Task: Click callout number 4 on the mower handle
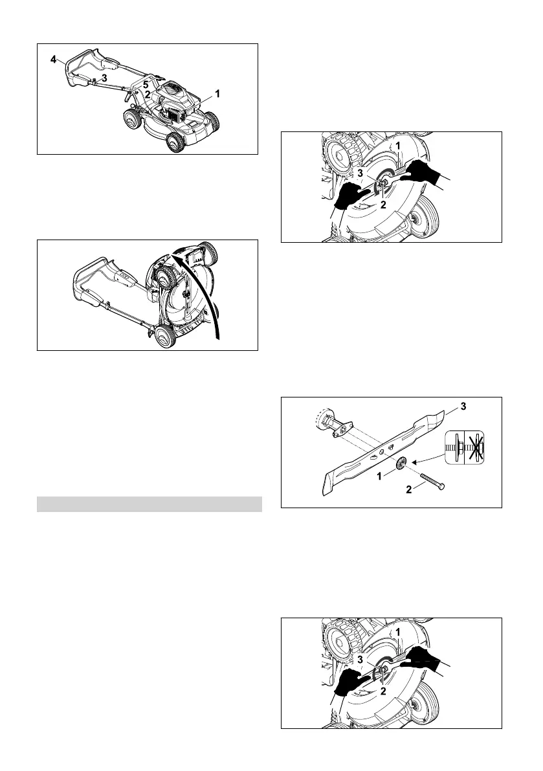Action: tap(54, 59)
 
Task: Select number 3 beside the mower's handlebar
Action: tap(104, 77)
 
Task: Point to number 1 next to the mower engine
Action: tap(217, 93)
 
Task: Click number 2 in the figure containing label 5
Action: tap(148, 95)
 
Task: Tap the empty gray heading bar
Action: tap(150, 504)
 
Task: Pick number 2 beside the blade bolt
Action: tap(409, 490)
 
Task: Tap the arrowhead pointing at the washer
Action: tap(417, 460)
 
